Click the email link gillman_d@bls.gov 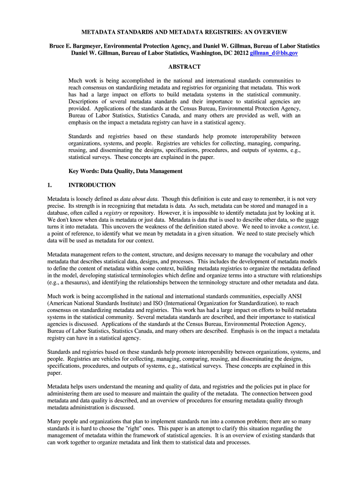[274, 54]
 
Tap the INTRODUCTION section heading [92, 185]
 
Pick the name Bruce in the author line [59, 46]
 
